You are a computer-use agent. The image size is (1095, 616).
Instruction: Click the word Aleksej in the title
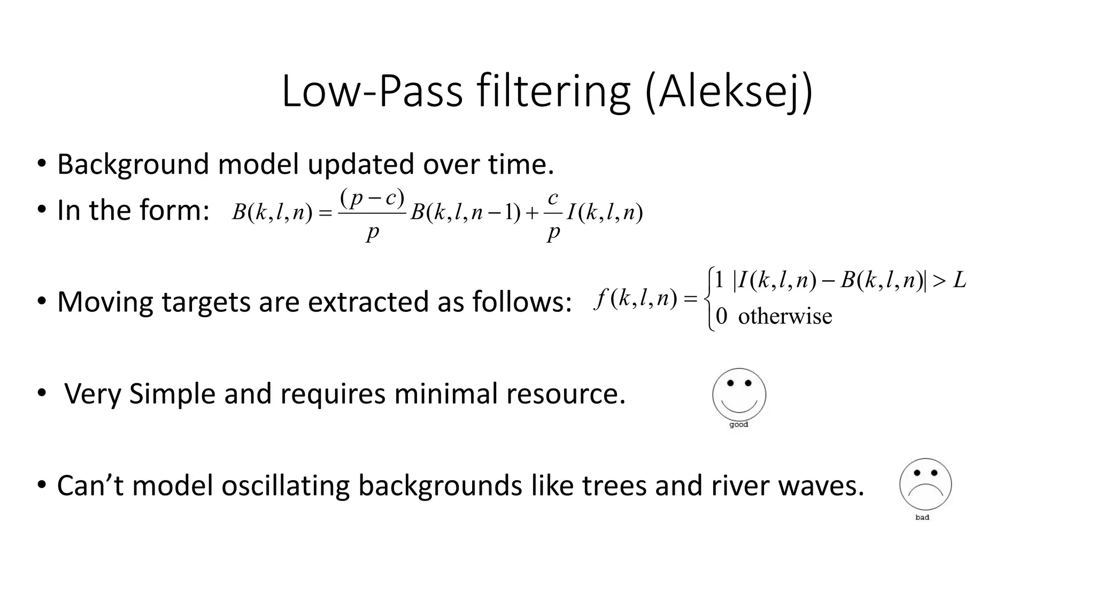click(728, 92)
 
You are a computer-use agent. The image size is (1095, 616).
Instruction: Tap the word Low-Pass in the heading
click(372, 92)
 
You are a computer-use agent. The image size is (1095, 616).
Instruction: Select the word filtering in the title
click(553, 92)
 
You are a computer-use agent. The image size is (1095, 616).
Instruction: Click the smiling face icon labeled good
click(739, 395)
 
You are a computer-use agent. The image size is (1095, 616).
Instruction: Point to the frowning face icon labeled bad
click(926, 484)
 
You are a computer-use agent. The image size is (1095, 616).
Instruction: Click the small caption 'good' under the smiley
click(739, 425)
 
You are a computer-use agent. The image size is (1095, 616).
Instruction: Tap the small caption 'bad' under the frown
click(922, 517)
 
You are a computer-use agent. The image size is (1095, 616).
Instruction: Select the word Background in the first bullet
click(133, 164)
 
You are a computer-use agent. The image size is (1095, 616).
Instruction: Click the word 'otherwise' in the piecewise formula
click(785, 317)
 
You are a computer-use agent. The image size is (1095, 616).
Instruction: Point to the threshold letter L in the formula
click(960, 280)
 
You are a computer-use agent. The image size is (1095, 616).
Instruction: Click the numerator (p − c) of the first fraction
click(372, 199)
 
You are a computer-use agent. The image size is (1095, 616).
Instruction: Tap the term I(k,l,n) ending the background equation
click(605, 213)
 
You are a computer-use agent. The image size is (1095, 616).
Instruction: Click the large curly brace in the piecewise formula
click(710, 299)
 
